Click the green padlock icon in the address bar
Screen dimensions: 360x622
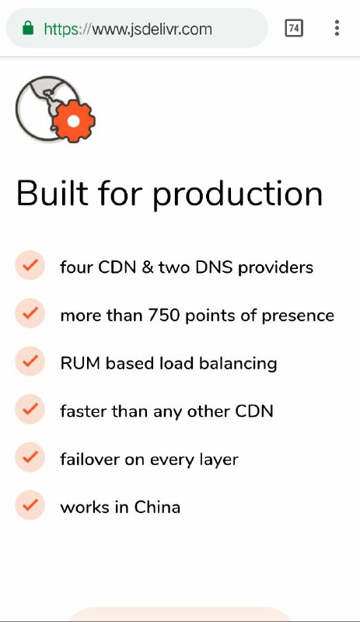28,28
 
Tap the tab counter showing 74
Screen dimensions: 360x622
294,28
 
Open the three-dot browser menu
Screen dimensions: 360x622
337,28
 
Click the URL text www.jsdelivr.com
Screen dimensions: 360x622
152,29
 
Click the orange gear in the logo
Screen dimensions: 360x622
74,121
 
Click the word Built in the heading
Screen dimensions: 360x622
52,193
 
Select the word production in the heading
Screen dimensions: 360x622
237,194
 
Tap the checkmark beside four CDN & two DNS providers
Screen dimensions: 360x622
30,265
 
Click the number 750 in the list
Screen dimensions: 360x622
164,316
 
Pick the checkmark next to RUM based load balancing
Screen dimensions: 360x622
30,361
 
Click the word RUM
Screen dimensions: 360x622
80,363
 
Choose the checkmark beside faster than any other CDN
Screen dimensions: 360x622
30,409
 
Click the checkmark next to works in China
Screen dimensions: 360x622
30,505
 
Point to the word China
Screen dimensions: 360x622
157,507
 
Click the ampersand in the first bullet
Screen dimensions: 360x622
147,267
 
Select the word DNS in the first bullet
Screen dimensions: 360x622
214,267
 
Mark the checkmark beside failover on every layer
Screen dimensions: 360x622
30,457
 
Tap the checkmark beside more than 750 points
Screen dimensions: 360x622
30,313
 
